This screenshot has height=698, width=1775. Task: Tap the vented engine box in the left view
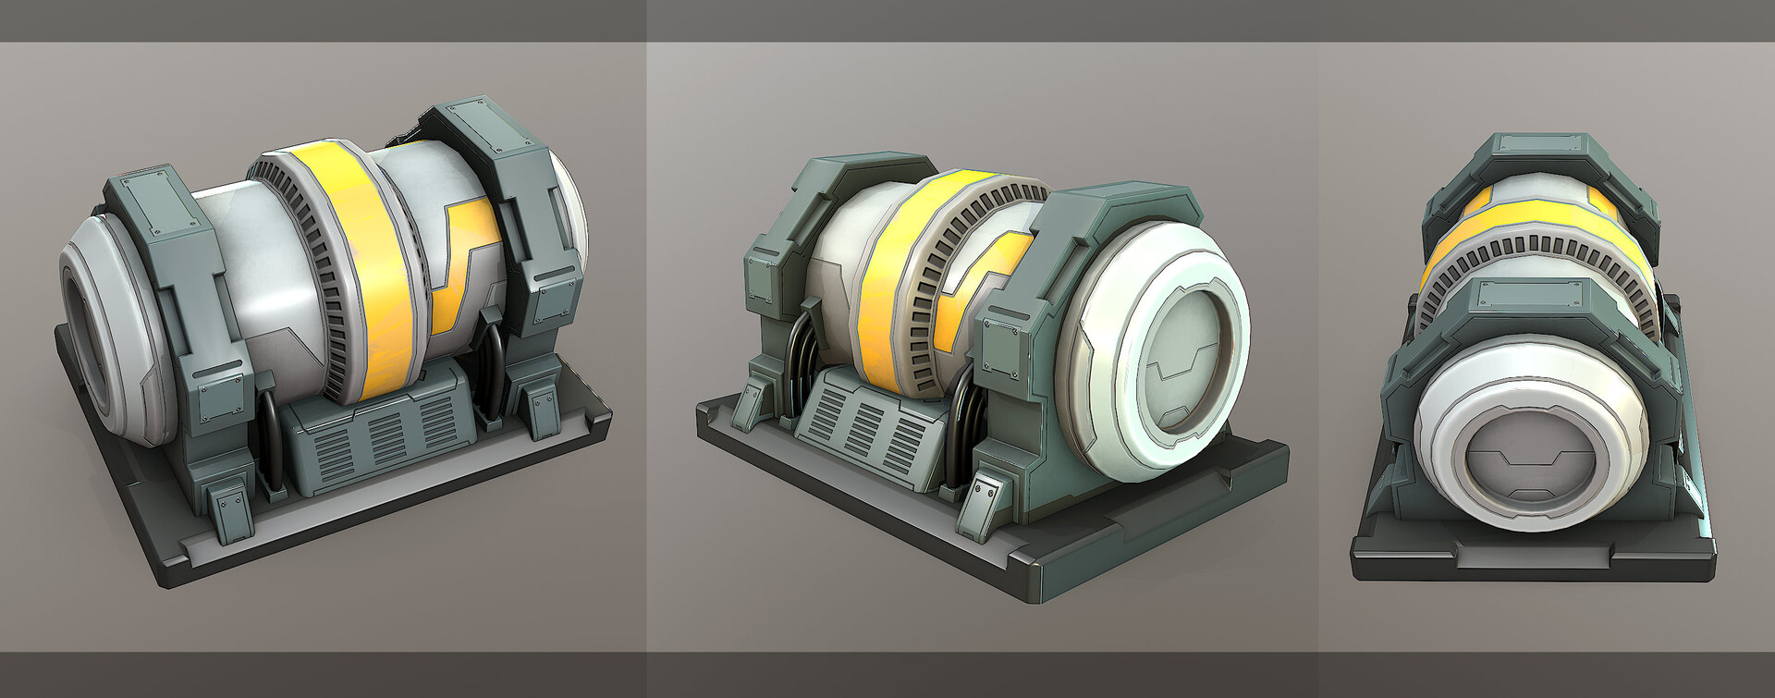(379, 435)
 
